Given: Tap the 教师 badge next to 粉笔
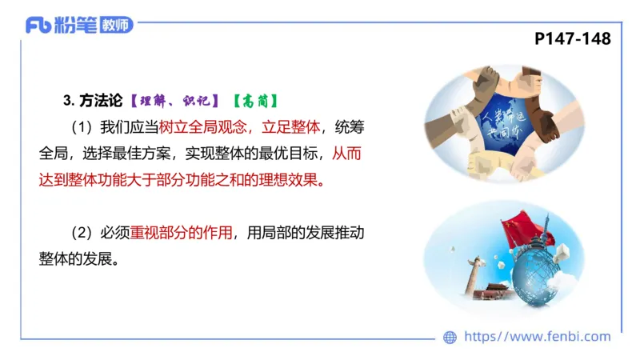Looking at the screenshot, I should point(116,25).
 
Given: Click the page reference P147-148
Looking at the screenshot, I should point(572,38).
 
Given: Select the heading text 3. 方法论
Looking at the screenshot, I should point(92,101).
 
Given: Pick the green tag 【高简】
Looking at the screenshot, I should point(254,101).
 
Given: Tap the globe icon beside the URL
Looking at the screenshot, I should point(450,337).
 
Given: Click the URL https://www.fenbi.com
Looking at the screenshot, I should point(537,337).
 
